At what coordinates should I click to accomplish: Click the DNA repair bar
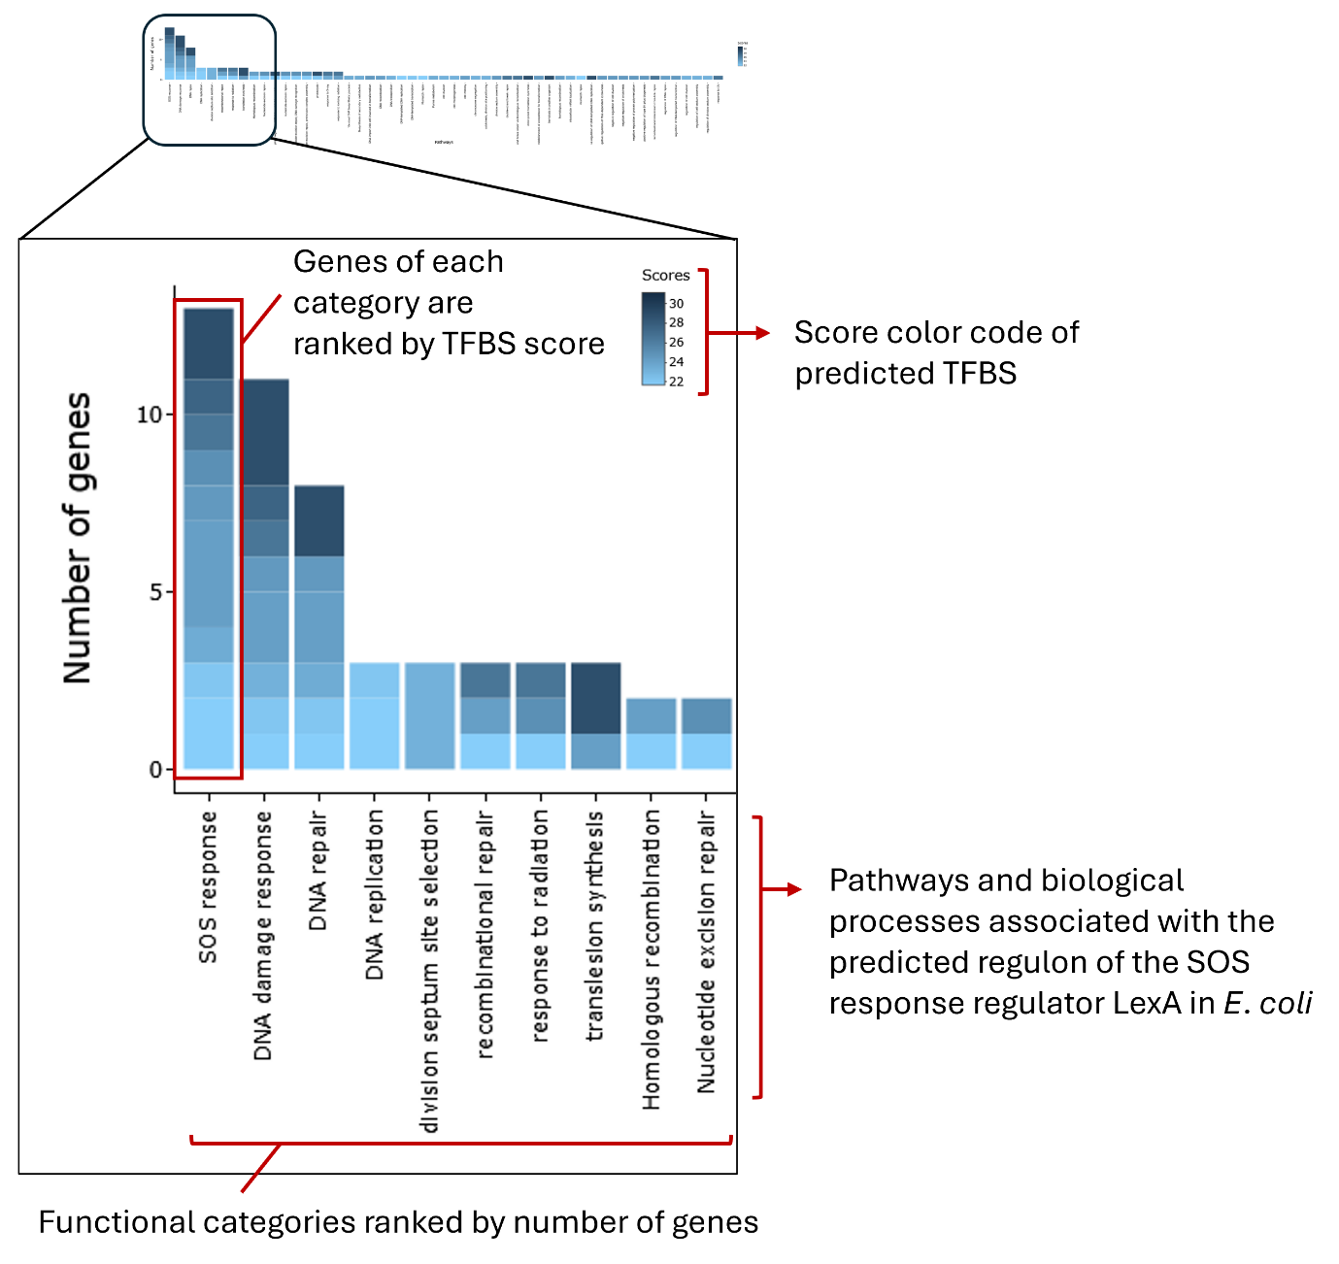pyautogui.click(x=318, y=627)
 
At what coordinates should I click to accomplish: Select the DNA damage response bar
pyautogui.click(x=264, y=574)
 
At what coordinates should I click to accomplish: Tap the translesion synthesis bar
pyautogui.click(x=595, y=715)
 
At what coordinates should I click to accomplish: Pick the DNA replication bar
pyautogui.click(x=374, y=715)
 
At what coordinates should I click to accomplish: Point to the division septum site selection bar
pyautogui.click(x=429, y=715)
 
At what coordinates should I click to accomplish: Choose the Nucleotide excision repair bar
pyautogui.click(x=706, y=733)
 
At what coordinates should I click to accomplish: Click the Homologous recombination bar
pyautogui.click(x=651, y=733)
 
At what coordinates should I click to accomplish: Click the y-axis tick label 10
pyautogui.click(x=150, y=416)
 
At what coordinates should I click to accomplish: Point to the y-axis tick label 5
pyautogui.click(x=155, y=592)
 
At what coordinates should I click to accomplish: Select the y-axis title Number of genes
pyautogui.click(x=78, y=539)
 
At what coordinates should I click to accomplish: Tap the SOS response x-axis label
pyautogui.click(x=208, y=887)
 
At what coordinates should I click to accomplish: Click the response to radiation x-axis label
pyautogui.click(x=540, y=926)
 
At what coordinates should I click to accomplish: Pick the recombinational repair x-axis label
pyautogui.click(x=485, y=934)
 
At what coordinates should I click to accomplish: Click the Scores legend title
pyautogui.click(x=665, y=276)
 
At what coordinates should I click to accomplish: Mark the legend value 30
pyautogui.click(x=676, y=304)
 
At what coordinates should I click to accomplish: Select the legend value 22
pyautogui.click(x=676, y=382)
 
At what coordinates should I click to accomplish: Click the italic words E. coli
pyautogui.click(x=1267, y=1003)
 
